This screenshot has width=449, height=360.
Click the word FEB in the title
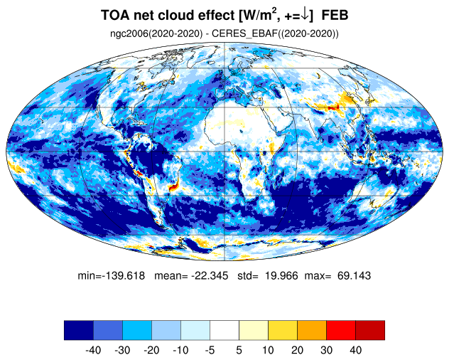coord(335,15)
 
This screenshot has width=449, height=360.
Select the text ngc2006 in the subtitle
coord(129,33)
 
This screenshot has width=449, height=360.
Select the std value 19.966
coord(281,275)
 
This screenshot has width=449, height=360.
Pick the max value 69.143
coord(355,275)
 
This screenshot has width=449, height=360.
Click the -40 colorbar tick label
coord(93,350)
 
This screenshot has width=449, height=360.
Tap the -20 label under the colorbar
coord(151,350)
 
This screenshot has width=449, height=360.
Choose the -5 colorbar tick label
coord(210,350)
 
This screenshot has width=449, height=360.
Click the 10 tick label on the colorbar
coord(268,350)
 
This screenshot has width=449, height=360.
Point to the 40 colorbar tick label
coord(355,350)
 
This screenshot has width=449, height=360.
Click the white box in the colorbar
coord(224,330)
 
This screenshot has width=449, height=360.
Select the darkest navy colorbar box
coord(79,330)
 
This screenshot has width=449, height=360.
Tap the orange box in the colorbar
coord(312,330)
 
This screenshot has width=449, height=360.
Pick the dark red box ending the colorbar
coord(370,330)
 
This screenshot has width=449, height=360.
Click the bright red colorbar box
coord(341,330)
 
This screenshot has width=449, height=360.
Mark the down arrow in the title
coord(305,16)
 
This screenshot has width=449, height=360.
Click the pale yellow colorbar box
coord(254,330)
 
